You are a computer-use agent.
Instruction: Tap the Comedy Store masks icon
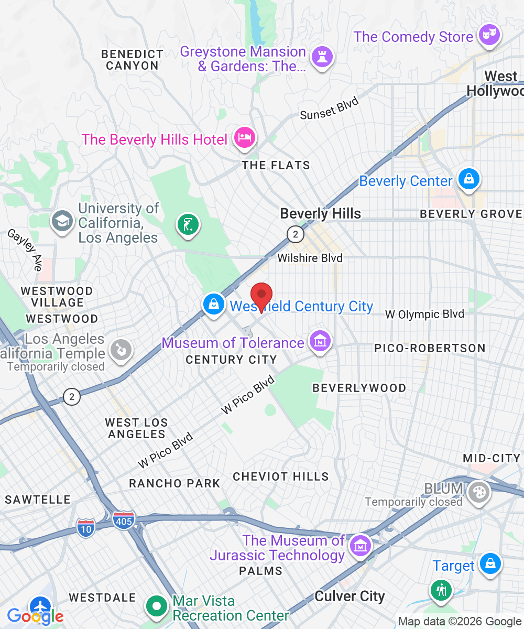point(490,35)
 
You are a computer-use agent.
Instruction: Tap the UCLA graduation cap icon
point(62,221)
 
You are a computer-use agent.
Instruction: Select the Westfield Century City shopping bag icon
point(214,304)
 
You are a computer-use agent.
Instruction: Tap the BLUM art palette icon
point(479,492)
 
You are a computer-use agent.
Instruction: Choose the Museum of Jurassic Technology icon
point(360,546)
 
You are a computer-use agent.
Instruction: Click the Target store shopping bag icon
point(490,563)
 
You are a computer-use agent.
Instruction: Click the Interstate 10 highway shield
point(85,527)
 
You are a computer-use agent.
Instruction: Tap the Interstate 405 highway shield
point(124,519)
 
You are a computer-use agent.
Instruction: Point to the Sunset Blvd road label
point(329,109)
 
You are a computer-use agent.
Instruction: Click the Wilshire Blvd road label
point(310,258)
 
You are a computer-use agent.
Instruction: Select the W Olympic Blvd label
point(424,314)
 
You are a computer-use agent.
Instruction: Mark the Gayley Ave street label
point(24,250)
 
